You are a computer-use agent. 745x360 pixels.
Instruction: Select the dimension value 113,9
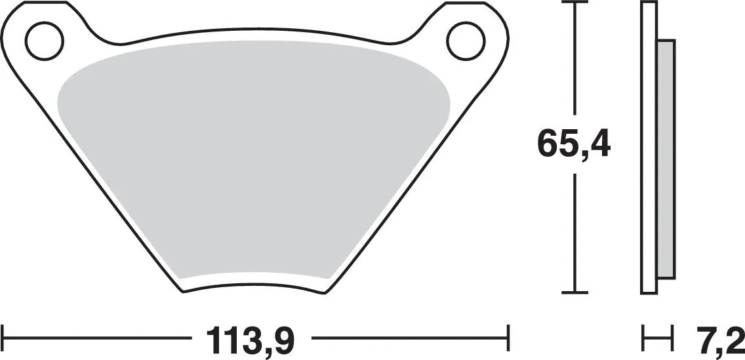click(x=250, y=339)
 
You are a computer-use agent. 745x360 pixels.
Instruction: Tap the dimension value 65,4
click(x=574, y=145)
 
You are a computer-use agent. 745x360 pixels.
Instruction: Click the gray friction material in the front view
click(x=252, y=164)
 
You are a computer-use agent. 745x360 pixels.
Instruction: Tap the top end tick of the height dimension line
click(x=575, y=3)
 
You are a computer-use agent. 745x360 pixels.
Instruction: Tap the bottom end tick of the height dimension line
click(x=575, y=292)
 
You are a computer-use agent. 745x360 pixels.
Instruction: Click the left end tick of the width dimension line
click(x=4, y=339)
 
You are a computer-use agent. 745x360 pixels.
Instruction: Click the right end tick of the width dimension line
click(x=508, y=339)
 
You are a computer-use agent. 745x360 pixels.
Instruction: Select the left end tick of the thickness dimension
click(x=643, y=339)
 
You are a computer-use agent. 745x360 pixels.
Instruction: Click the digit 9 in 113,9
click(x=281, y=339)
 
